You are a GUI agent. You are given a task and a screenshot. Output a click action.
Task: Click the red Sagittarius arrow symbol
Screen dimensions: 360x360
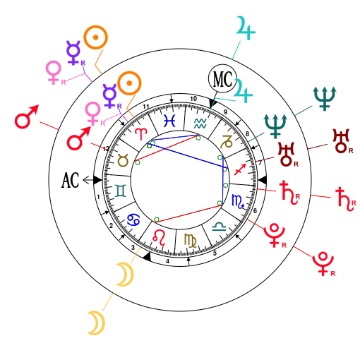click(240, 170)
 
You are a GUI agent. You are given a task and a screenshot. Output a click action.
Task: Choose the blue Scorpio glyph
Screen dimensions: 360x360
click(238, 202)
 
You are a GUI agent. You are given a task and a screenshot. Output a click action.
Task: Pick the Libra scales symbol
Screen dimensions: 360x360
click(221, 227)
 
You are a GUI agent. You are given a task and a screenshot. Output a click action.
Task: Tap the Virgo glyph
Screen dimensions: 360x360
click(191, 239)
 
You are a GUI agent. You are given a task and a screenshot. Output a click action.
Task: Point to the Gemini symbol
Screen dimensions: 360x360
click(121, 189)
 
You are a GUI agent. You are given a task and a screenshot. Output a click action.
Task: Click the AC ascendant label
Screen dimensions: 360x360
click(70, 180)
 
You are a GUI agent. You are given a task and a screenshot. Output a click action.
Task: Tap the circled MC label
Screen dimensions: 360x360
click(222, 77)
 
